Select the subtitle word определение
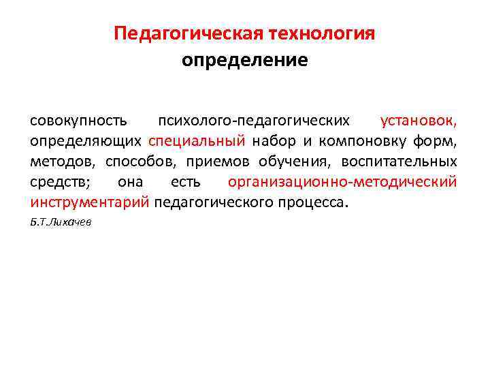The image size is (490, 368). (x=244, y=61)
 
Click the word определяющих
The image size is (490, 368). (x=85, y=141)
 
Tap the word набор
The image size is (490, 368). (x=271, y=141)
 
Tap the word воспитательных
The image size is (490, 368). (x=399, y=162)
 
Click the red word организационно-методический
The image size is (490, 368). (x=342, y=182)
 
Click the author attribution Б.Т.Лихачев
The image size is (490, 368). (x=61, y=222)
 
